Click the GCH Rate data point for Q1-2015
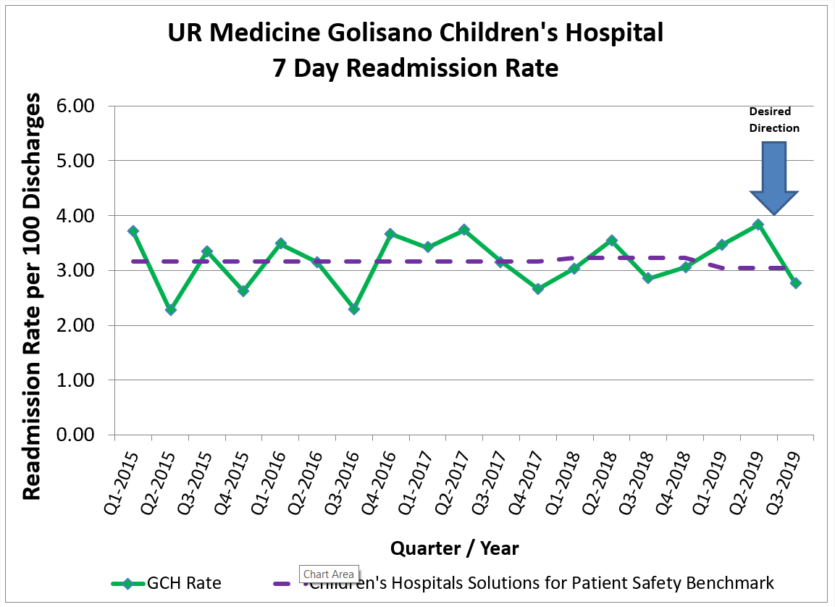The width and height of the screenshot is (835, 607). [133, 231]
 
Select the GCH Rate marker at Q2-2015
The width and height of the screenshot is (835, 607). [170, 309]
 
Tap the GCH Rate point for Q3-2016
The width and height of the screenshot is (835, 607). [354, 309]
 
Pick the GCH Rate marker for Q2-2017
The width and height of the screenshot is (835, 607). [464, 230]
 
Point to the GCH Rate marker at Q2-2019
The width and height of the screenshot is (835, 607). [758, 225]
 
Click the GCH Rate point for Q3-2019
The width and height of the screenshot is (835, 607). [795, 282]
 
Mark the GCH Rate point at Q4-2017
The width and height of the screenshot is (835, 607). [538, 288]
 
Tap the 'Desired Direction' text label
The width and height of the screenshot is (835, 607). [774, 120]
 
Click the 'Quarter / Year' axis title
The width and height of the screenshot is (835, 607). [455, 548]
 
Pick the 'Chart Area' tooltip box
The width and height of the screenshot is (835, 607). [329, 574]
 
